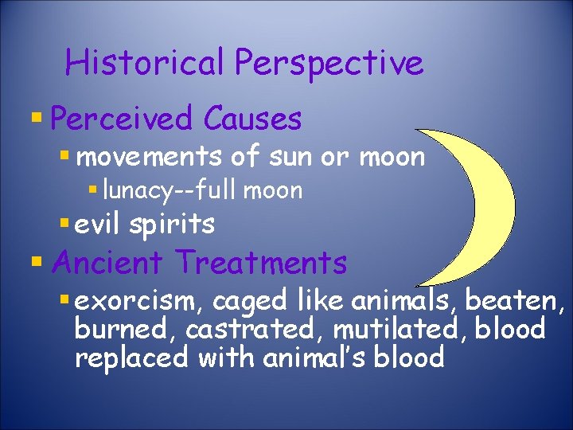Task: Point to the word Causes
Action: [x=252, y=119]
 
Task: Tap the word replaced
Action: [x=131, y=357]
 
